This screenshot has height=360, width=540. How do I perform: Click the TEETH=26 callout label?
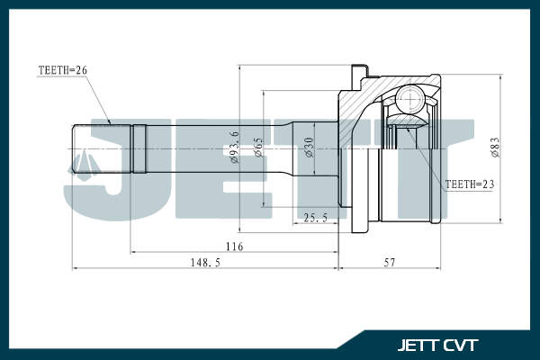[x=63, y=70]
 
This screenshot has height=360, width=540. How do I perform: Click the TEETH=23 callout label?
[x=470, y=184]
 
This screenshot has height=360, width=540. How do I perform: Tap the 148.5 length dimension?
[x=205, y=263]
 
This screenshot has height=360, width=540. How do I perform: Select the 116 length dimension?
[x=235, y=247]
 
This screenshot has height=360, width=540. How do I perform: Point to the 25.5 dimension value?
[x=316, y=218]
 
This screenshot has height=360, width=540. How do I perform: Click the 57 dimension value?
[x=390, y=263]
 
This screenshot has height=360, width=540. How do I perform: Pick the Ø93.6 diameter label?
[x=234, y=147]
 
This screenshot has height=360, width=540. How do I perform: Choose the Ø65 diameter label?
[x=258, y=148]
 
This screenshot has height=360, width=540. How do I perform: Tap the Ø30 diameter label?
[x=310, y=147]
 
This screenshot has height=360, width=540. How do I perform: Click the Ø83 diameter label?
[x=495, y=148]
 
